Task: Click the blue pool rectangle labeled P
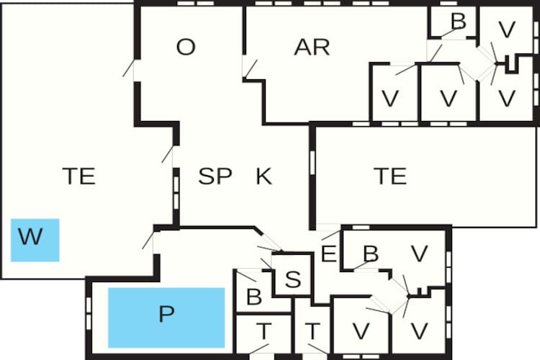tap(166, 318)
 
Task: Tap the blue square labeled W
tap(35, 240)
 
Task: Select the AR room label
tap(312, 48)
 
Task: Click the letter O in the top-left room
tap(186, 47)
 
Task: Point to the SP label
tap(215, 176)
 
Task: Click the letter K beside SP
tap(264, 176)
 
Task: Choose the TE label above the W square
tap(79, 176)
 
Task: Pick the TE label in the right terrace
tap(390, 176)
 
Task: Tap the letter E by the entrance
tap(328, 254)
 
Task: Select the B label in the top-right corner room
tap(459, 21)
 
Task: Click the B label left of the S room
tap(254, 297)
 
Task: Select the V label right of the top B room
tap(507, 30)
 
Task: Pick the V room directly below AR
tap(390, 99)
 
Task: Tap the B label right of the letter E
tap(371, 254)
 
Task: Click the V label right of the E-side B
tap(420, 254)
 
